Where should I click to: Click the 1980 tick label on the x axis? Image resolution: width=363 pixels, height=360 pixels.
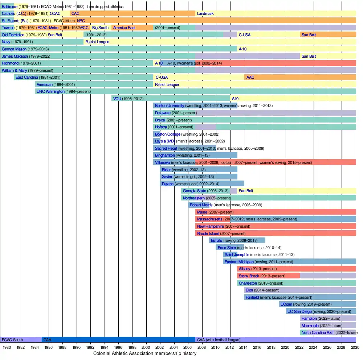(x=7, y=347)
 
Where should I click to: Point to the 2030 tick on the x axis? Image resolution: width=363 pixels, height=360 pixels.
(x=356, y=347)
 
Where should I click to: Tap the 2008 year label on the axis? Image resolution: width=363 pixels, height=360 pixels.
(x=202, y=347)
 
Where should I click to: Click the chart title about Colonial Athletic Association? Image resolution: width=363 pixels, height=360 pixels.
(x=145, y=353)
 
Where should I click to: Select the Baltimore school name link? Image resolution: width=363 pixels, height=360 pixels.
(x=9, y=7)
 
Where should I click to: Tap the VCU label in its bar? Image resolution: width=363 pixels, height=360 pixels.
(x=117, y=99)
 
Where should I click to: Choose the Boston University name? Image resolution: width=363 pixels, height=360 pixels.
(x=170, y=106)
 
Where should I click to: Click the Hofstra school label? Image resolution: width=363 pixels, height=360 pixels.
(x=162, y=127)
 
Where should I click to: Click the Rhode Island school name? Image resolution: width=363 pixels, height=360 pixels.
(x=208, y=234)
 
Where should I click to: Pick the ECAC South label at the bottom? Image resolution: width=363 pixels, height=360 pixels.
(x=12, y=340)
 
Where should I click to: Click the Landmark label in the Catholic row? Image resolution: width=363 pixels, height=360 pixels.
(x=205, y=14)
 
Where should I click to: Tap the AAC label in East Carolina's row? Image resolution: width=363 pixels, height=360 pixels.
(x=250, y=78)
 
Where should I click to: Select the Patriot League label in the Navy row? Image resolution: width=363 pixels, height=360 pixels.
(x=97, y=42)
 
